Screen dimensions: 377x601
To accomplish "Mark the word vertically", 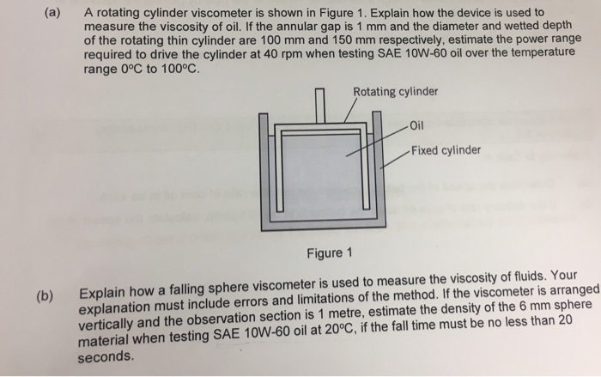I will tap(111, 325).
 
